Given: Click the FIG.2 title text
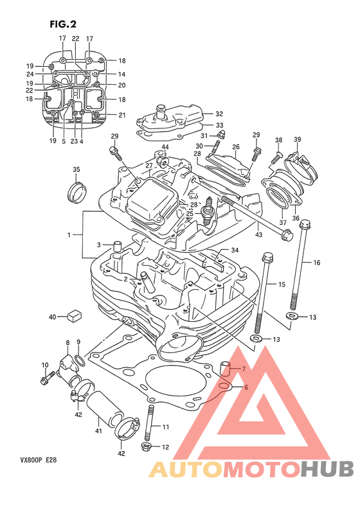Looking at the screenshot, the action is (63, 24).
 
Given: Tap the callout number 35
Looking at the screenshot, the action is (76, 170).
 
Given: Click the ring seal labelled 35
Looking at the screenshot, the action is (77, 192).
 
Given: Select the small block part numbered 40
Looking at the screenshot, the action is (74, 315).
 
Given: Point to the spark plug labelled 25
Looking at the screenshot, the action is (208, 211).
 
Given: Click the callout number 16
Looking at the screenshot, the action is (317, 263).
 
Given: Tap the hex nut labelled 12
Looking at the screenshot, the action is (146, 446).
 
